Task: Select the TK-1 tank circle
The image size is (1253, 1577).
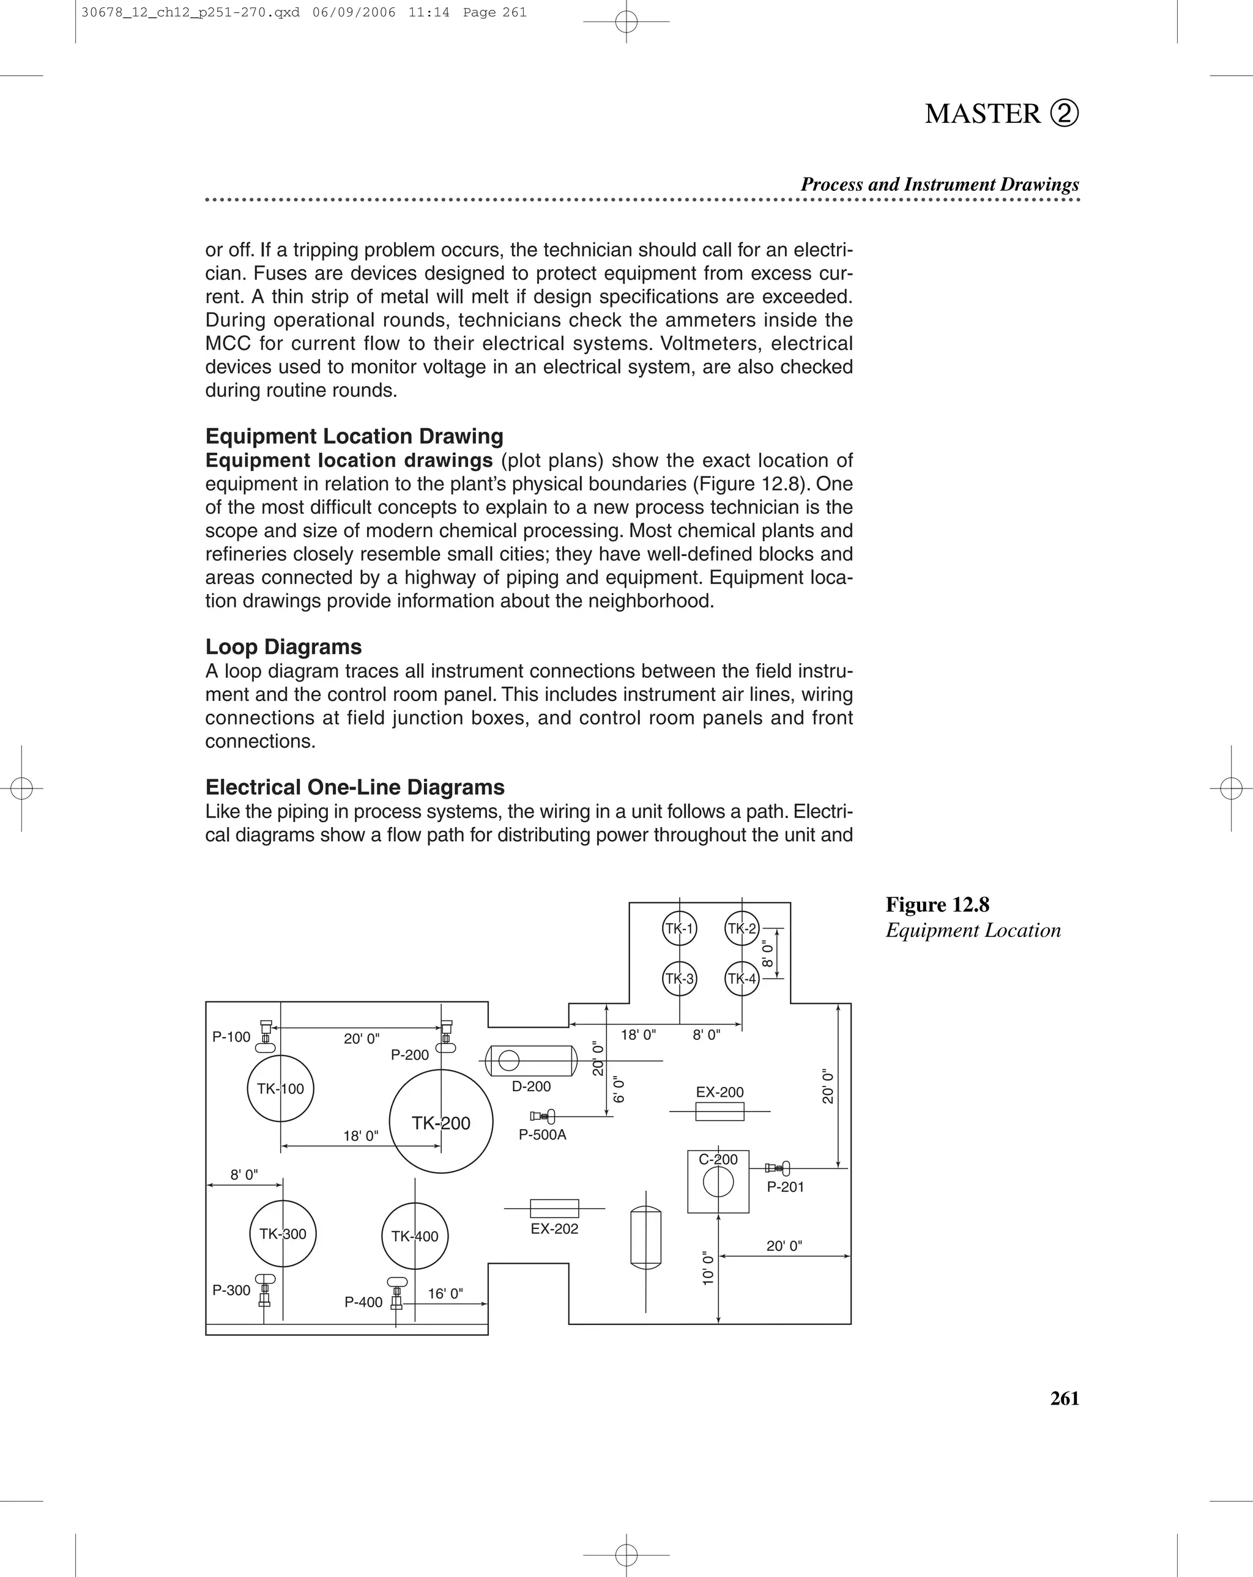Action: (x=680, y=929)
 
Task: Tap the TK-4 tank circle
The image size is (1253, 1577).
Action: (x=742, y=979)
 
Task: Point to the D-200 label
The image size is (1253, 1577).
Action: (x=531, y=1087)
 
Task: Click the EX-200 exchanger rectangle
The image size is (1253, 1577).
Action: (x=719, y=1112)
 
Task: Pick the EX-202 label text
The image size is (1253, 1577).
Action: (x=554, y=1229)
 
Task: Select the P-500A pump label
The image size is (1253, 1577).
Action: (x=542, y=1135)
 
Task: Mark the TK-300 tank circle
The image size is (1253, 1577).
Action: (x=283, y=1234)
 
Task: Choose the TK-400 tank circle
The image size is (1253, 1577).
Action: (x=415, y=1236)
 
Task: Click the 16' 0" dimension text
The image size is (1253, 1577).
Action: (x=445, y=1294)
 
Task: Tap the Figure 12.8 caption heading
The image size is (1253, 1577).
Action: (x=937, y=905)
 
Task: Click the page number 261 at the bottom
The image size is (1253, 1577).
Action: (x=1065, y=1398)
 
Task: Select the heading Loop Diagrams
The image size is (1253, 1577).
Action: (x=283, y=647)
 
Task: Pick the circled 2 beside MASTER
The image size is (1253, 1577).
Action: (x=1065, y=113)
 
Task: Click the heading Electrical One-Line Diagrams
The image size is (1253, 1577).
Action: (x=355, y=788)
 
